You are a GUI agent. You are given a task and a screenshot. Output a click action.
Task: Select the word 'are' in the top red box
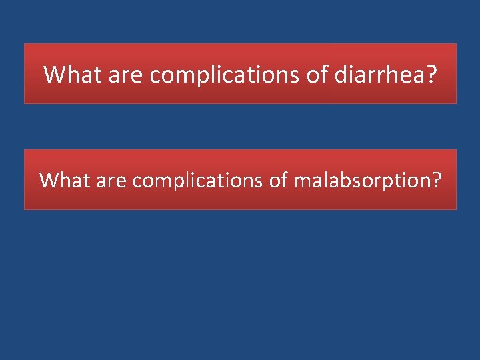(x=124, y=75)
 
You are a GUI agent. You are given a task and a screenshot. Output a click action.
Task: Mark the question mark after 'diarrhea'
(x=431, y=75)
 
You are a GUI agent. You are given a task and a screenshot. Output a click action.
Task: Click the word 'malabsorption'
(x=359, y=180)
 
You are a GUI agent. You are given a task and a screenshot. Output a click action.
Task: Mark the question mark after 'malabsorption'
(x=435, y=180)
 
